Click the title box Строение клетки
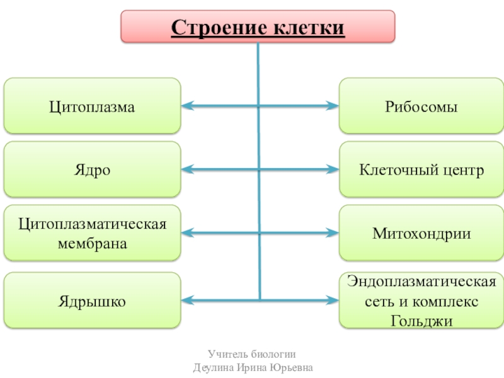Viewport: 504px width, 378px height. point(258,26)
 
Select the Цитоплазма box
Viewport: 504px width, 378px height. point(92,106)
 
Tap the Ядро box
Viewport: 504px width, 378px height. point(92,169)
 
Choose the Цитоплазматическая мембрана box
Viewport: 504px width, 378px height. point(92,233)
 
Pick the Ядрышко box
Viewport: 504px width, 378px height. point(92,301)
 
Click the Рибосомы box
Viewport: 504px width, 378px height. point(421,106)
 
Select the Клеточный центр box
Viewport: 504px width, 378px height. point(421,169)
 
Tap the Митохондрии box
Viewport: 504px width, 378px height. point(421,233)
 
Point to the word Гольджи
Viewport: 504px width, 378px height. point(421,320)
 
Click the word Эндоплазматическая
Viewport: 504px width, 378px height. point(421,281)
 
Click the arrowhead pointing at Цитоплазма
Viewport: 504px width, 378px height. point(187,106)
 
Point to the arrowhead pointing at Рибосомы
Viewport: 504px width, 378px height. point(333,106)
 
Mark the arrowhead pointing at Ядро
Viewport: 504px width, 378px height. point(187,169)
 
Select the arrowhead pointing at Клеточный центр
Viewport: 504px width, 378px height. point(333,169)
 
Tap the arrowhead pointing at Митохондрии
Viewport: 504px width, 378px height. point(333,233)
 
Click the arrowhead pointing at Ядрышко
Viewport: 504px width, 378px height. point(187,299)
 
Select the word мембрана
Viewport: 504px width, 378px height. point(92,243)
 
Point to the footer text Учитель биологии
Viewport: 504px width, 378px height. point(253,355)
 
